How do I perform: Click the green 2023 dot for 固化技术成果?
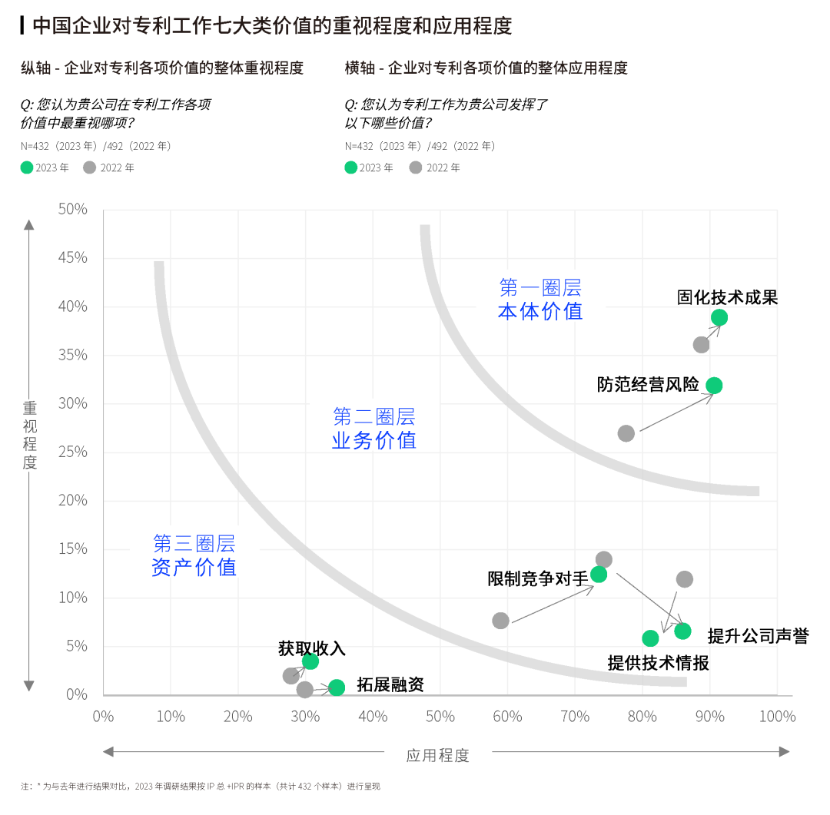[x=719, y=318]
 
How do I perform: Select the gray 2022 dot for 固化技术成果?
[x=701, y=345]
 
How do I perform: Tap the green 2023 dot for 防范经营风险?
[x=714, y=386]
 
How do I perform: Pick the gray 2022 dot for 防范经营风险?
[x=626, y=433]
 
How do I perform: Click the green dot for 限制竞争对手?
[x=599, y=574]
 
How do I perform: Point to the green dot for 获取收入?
[x=310, y=661]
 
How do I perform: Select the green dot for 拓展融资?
[x=337, y=687]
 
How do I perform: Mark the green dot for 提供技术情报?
[x=650, y=638]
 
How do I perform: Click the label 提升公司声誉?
[x=758, y=636]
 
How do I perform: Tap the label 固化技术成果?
[x=727, y=297]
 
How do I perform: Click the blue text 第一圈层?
[x=540, y=288]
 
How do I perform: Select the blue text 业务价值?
[x=374, y=440]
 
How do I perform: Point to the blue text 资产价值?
[x=194, y=568]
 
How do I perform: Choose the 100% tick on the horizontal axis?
[x=777, y=717]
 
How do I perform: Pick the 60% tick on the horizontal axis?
[x=507, y=717]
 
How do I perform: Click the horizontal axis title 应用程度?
[x=437, y=755]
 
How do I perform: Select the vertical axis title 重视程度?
[x=29, y=436]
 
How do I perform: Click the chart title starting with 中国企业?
[x=272, y=26]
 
